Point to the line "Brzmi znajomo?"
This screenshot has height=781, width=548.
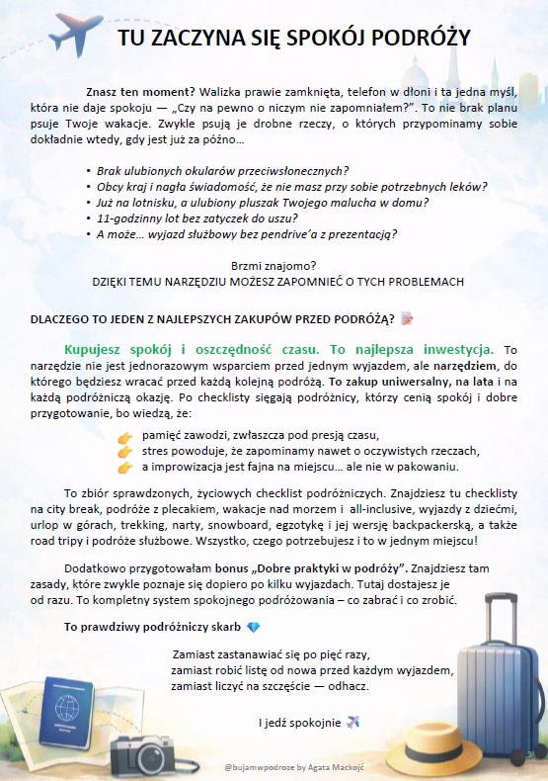click(273, 265)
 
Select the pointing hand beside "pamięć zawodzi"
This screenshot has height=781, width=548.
click(124, 436)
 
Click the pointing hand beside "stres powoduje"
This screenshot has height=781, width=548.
click(124, 451)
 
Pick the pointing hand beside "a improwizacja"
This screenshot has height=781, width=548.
click(124, 467)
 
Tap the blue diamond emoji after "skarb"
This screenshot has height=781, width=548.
click(254, 628)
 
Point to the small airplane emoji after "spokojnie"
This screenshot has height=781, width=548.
click(353, 722)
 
